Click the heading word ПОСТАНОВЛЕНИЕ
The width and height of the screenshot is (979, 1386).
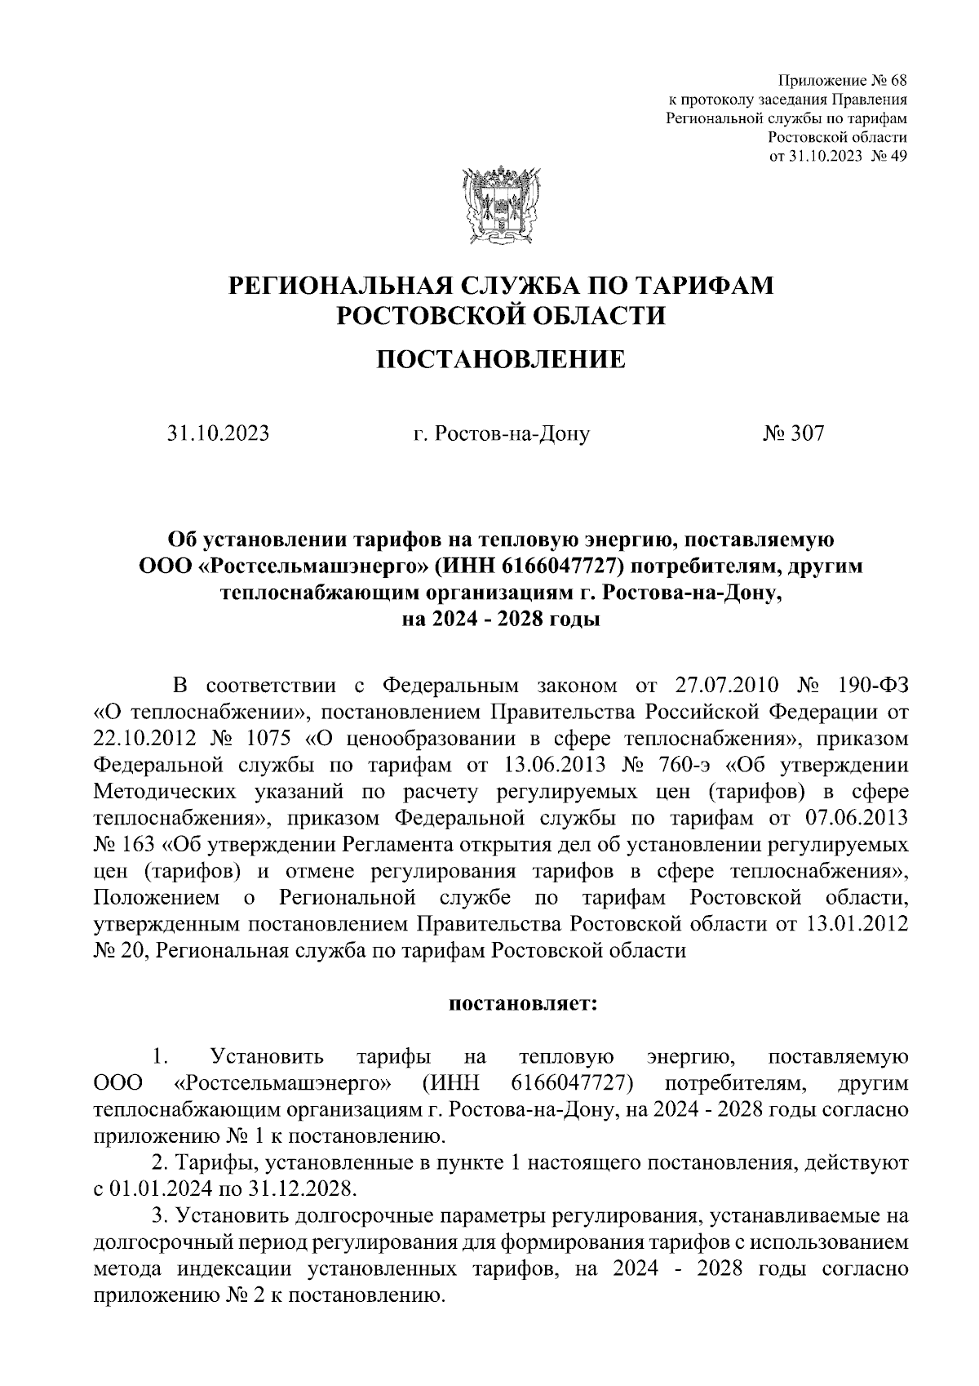click(x=500, y=358)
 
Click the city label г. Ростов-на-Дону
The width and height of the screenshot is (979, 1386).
click(x=501, y=433)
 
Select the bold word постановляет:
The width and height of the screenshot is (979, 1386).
click(x=524, y=1002)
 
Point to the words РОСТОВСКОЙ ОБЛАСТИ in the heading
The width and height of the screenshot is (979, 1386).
click(x=501, y=315)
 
